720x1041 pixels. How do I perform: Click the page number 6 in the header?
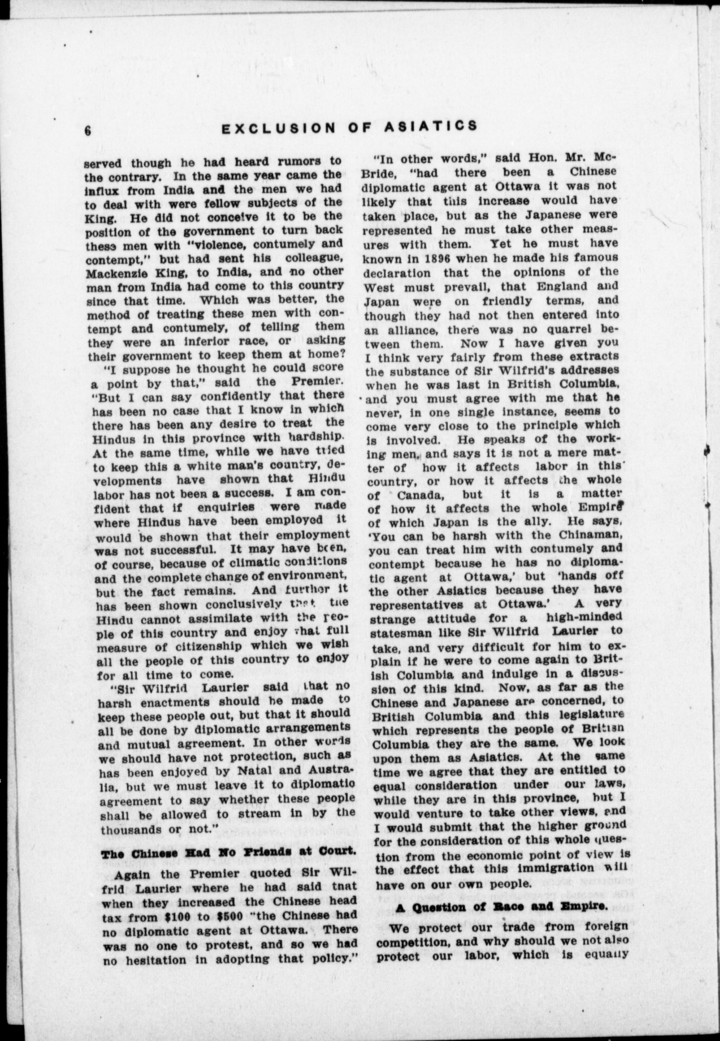pyautogui.click(x=87, y=131)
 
